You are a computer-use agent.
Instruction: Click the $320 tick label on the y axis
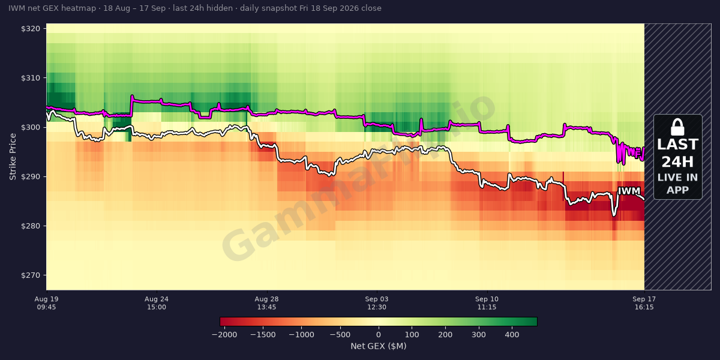pyautogui.click(x=31, y=29)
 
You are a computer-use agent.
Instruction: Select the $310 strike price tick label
pyautogui.click(x=31, y=78)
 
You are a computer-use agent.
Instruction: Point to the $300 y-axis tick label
pyautogui.click(x=31, y=128)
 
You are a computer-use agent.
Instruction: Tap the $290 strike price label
pyautogui.click(x=31, y=177)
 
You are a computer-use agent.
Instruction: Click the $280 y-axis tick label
pyautogui.click(x=31, y=226)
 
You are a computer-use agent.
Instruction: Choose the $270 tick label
pyautogui.click(x=31, y=275)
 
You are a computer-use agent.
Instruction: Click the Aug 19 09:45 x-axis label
pyautogui.click(x=47, y=303)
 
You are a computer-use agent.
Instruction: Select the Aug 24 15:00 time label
pyautogui.click(x=157, y=303)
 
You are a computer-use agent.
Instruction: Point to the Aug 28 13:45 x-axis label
pyautogui.click(x=266, y=303)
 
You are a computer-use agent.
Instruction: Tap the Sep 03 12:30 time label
pyautogui.click(x=377, y=303)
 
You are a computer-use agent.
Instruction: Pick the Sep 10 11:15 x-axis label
pyautogui.click(x=487, y=303)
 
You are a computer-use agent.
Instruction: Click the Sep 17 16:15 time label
pyautogui.click(x=644, y=303)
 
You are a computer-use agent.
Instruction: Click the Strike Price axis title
pyautogui.click(x=13, y=157)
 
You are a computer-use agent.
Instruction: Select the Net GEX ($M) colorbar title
pyautogui.click(x=379, y=346)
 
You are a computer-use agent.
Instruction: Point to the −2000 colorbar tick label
pyautogui.click(x=224, y=335)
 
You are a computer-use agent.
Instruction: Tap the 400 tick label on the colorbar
pyautogui.click(x=512, y=335)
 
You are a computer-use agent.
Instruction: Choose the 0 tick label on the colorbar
pyautogui.click(x=379, y=335)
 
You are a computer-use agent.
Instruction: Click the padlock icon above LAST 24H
pyautogui.click(x=677, y=127)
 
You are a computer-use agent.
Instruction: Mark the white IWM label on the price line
pyautogui.click(x=629, y=191)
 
